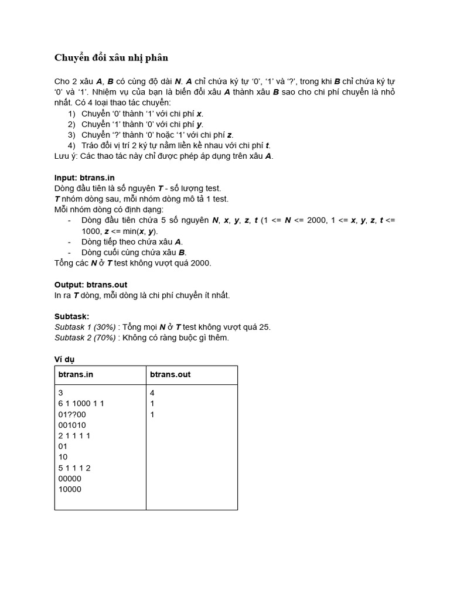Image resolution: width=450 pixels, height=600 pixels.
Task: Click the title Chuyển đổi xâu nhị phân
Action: pyautogui.click(x=111, y=57)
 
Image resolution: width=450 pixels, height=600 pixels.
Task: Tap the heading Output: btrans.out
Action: pyautogui.click(x=91, y=285)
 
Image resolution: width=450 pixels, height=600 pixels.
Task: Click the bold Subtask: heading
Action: pyautogui.click(x=71, y=316)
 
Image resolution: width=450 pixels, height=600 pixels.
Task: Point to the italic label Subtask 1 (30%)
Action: pyautogui.click(x=86, y=327)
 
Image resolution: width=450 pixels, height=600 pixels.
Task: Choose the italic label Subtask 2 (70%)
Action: pyautogui.click(x=86, y=337)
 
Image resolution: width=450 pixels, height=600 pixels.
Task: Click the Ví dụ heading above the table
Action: pyautogui.click(x=64, y=359)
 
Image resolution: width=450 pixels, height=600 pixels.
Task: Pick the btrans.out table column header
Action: pyautogui.click(x=170, y=374)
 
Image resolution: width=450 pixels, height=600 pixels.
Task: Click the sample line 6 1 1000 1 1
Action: pyautogui.click(x=81, y=404)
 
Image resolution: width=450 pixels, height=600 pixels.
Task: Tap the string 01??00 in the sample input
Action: pyautogui.click(x=72, y=414)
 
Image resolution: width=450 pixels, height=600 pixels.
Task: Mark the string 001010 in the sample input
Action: pyautogui.click(x=73, y=425)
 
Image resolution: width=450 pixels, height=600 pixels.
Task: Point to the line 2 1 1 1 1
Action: pyautogui.click(x=74, y=435)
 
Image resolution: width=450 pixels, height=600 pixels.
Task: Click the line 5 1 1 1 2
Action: pyautogui.click(x=74, y=468)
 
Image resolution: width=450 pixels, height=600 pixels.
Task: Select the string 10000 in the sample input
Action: pyautogui.click(x=70, y=489)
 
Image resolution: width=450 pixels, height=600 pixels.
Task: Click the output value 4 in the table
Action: pyautogui.click(x=152, y=393)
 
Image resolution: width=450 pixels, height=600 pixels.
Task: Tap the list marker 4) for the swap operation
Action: pyautogui.click(x=71, y=145)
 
